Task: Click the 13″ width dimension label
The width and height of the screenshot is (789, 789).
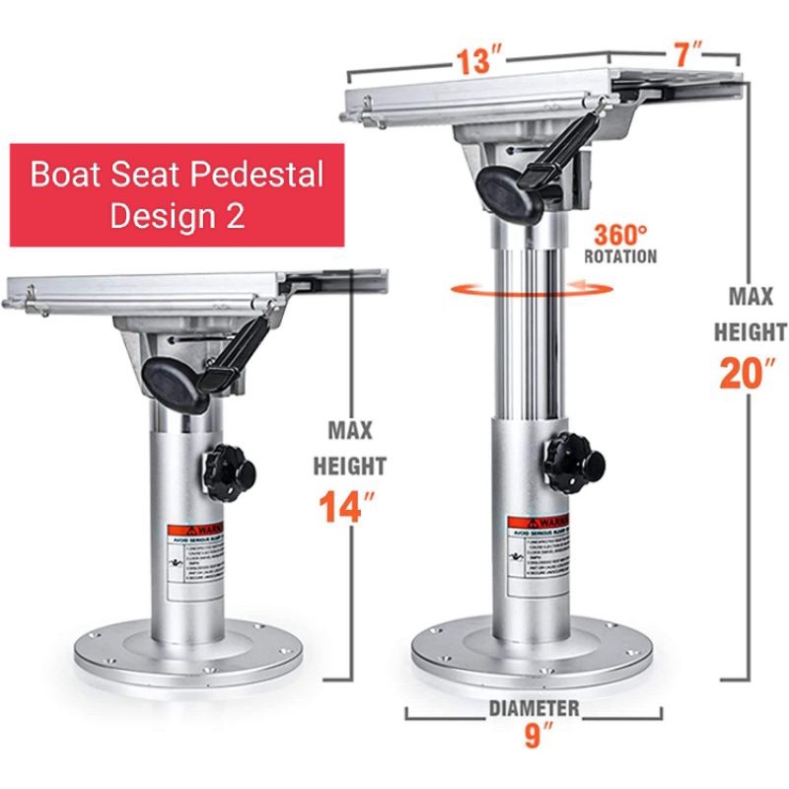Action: click(x=474, y=60)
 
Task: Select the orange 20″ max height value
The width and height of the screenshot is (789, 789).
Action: click(x=752, y=373)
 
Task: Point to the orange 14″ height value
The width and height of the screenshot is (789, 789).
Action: click(x=349, y=506)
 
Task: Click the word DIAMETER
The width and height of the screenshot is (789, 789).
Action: click(x=535, y=708)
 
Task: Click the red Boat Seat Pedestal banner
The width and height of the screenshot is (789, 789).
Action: click(x=177, y=194)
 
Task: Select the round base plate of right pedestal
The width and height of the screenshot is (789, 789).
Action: click(x=533, y=651)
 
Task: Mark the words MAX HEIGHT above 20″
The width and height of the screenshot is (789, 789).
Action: click(x=752, y=313)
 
